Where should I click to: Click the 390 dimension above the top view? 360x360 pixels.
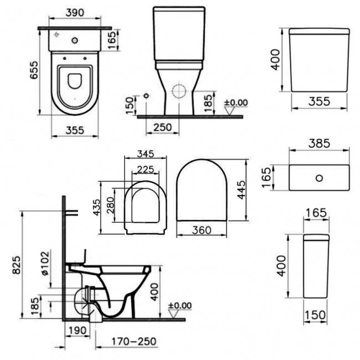[75, 13]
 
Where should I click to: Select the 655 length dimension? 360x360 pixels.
[34, 70]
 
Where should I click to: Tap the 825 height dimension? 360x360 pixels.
[17, 265]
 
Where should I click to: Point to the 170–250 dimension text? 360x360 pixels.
[134, 341]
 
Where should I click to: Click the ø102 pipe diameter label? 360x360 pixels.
[45, 263]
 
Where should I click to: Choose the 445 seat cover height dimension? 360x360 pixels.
[241, 190]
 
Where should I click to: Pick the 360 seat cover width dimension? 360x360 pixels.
[202, 230]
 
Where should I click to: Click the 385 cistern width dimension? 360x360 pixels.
[319, 144]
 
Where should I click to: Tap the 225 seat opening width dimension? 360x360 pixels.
[146, 169]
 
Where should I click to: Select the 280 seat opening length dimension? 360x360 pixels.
[110, 205]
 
